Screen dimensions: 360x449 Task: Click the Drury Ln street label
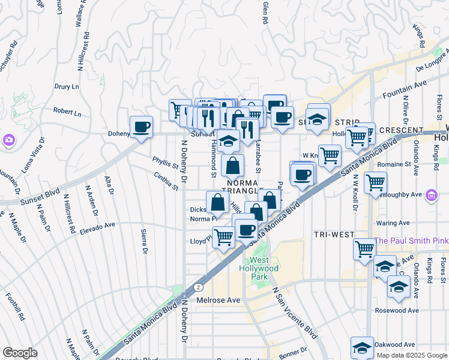tap(67, 87)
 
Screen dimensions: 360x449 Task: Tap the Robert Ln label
tap(67, 112)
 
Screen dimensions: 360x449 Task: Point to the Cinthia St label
tap(166, 181)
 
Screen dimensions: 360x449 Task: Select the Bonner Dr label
tap(292, 349)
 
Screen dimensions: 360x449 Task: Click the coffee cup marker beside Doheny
tap(141, 127)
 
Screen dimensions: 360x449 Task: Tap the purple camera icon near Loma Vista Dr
tap(9, 140)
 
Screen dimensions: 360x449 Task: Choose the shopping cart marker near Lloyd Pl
tap(223, 237)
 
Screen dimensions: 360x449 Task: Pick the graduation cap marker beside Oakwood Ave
tap(362, 347)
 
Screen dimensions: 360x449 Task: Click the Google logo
tap(20, 353)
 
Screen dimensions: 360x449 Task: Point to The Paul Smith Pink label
tap(411, 241)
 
